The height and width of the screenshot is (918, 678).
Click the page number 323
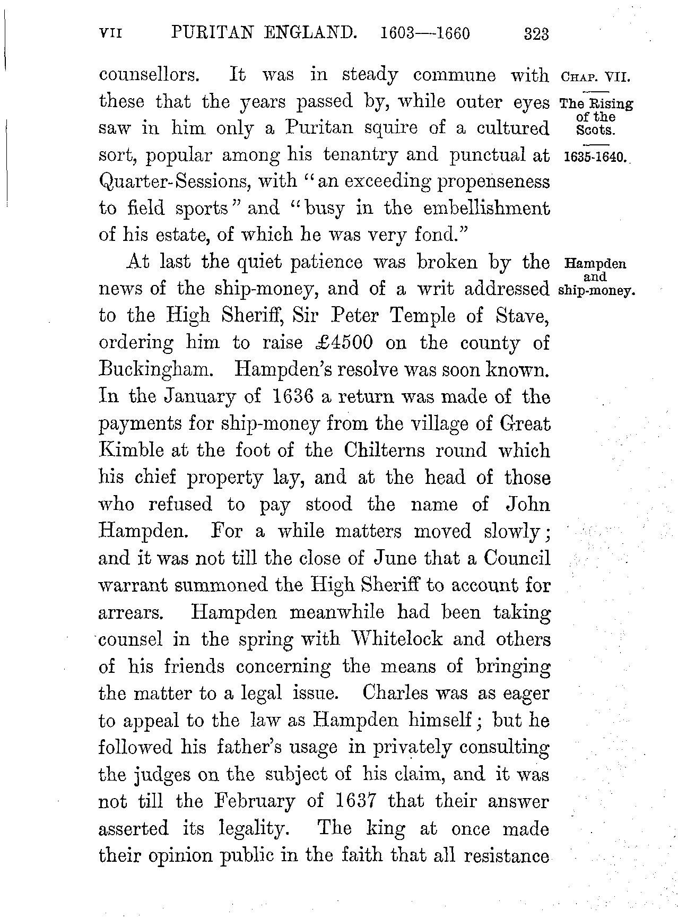535,35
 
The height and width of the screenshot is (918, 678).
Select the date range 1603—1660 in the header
425,34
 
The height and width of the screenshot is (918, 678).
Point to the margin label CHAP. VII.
594,77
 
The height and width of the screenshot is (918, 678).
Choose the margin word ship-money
597,291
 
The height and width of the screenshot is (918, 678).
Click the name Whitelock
395,639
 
